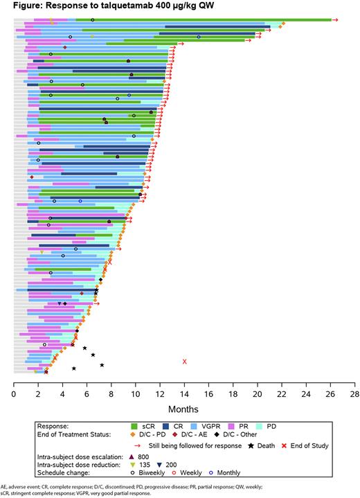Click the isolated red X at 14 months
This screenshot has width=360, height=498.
click(x=184, y=362)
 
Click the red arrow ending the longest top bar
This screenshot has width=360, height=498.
click(x=335, y=20)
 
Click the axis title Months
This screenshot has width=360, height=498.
click(x=184, y=409)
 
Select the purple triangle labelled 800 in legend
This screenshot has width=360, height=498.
click(x=131, y=456)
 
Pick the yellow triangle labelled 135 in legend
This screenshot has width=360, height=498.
click(x=131, y=466)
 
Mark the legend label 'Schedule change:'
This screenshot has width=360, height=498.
click(x=67, y=476)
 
